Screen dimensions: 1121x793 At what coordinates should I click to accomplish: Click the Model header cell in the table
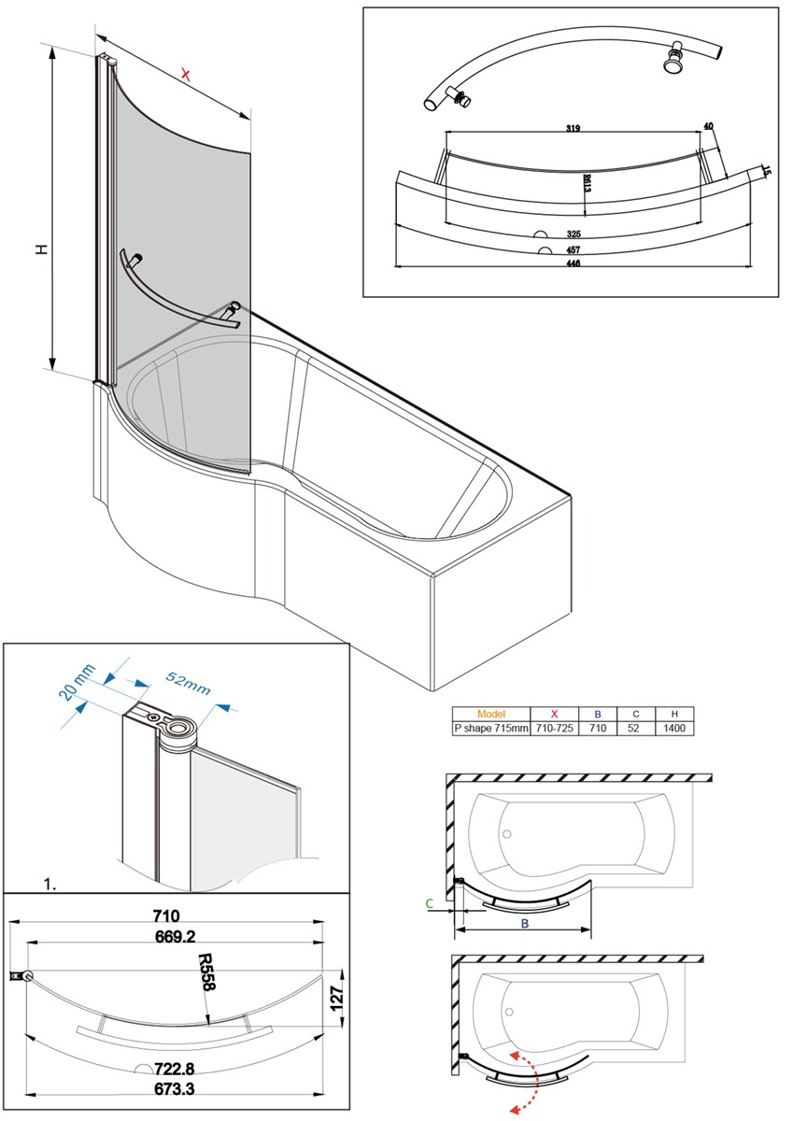[490, 714]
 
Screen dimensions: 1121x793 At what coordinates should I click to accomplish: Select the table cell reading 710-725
[555, 728]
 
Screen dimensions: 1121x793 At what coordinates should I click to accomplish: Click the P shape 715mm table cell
[490, 728]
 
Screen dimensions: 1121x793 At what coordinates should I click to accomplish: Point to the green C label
[429, 903]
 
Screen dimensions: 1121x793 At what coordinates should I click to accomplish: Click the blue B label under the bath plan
[525, 924]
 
